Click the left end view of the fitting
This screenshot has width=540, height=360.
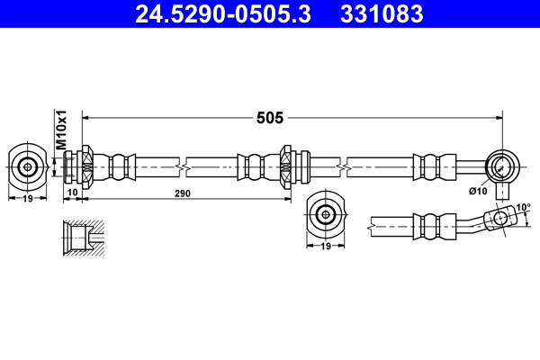28,166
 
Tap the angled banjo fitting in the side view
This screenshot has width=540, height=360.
490,218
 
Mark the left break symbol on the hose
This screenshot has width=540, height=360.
184,166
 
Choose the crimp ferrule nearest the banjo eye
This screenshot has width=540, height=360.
430,166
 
